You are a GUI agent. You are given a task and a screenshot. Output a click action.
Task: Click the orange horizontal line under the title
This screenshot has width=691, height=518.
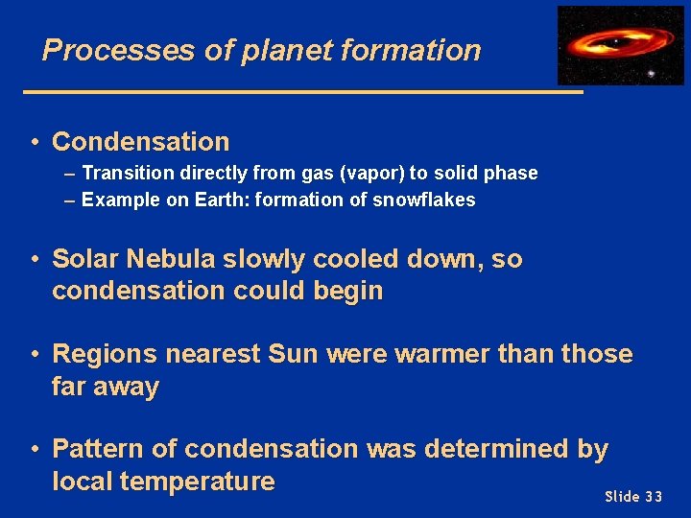pos(302,92)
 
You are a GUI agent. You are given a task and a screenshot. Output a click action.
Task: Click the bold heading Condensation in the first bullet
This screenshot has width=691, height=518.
pos(141,142)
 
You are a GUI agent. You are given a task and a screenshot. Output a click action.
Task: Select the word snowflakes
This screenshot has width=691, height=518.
pos(428,200)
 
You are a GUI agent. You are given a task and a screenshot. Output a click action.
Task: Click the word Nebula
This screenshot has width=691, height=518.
pos(172,259)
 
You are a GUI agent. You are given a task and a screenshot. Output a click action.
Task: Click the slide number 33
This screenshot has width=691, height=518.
pos(653,496)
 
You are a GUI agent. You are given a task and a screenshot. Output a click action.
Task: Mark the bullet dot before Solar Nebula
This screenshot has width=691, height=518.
pos(34,260)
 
